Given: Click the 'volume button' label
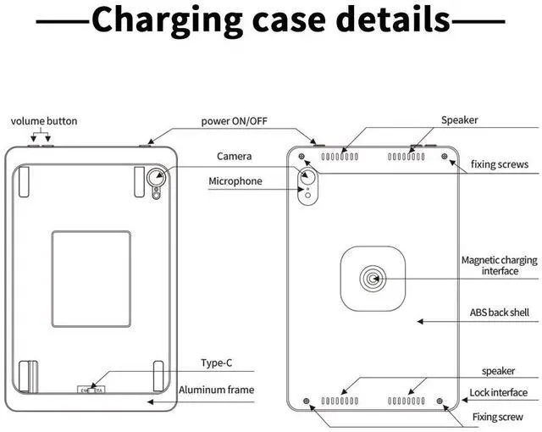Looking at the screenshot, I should [x=44, y=121].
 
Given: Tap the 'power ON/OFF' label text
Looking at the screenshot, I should [x=234, y=121].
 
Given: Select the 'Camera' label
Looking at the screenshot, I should [x=234, y=156].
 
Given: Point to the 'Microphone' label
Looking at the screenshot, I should [x=235, y=181].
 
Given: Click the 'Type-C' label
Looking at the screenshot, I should [x=216, y=363].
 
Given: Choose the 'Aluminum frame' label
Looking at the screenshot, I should [x=216, y=390].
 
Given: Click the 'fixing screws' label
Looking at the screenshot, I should [x=500, y=164].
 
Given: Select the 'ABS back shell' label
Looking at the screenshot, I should [x=500, y=313].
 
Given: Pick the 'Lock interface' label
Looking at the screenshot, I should [x=499, y=393].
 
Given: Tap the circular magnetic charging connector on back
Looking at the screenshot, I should [x=373, y=278].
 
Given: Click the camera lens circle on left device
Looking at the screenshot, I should [x=157, y=178].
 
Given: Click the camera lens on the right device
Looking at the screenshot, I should [x=307, y=178].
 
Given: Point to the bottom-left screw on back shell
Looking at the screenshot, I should [x=305, y=400].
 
